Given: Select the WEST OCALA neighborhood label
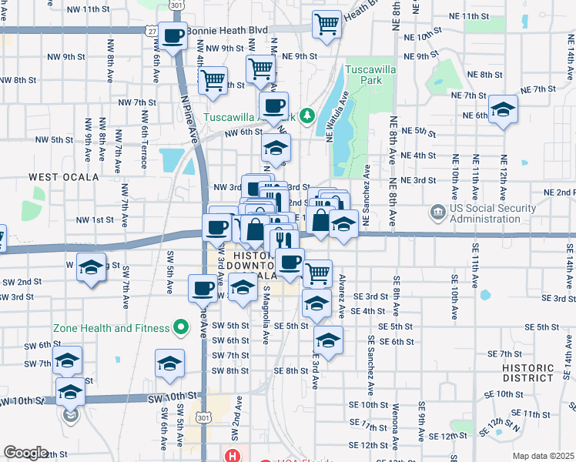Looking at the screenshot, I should [x=64, y=177].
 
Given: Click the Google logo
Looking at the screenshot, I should [x=25, y=453].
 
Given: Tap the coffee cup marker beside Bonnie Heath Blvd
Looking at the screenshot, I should [x=173, y=35].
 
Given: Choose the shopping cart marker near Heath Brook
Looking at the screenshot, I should [x=327, y=25].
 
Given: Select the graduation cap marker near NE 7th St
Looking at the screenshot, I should [x=503, y=110].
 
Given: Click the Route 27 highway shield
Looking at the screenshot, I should [x=152, y=32].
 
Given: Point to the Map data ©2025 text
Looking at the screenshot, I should [x=543, y=456].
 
